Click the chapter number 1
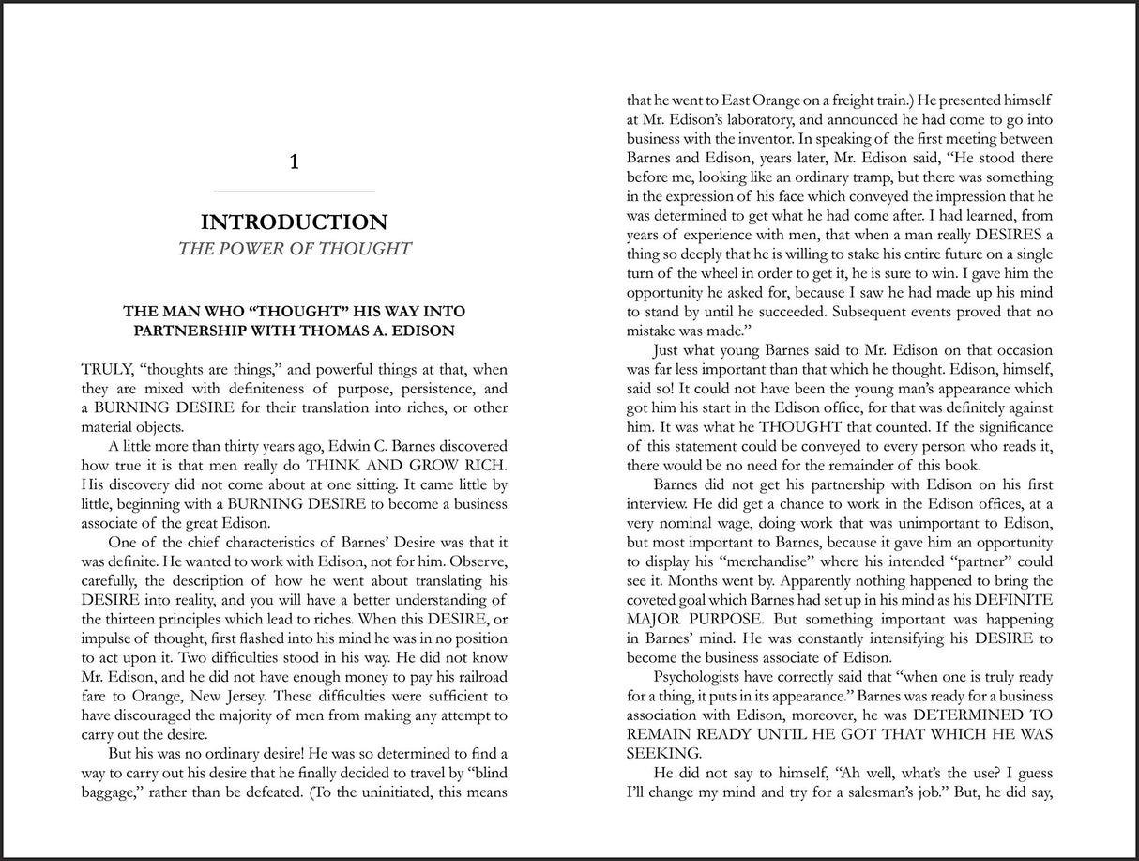(x=295, y=162)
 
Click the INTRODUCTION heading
(x=294, y=223)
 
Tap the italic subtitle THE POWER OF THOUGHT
(x=294, y=249)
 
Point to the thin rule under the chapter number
(x=294, y=192)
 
